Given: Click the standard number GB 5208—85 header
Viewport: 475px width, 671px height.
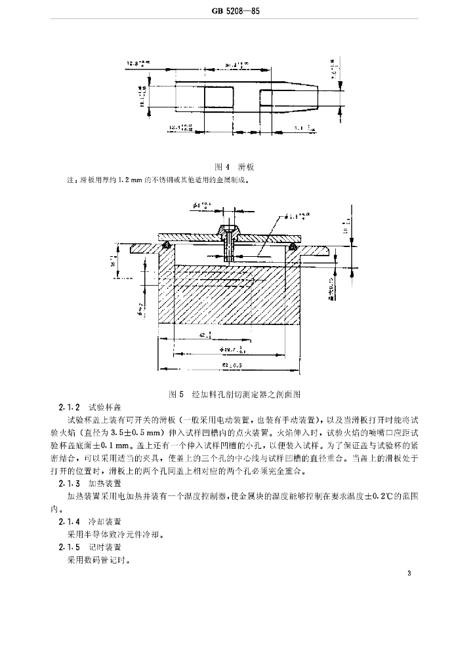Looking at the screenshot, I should click(237, 12).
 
